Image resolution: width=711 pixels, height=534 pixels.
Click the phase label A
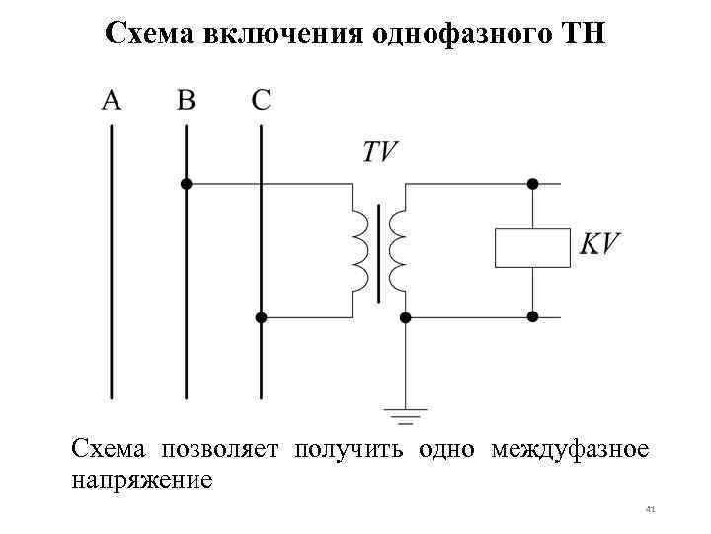pos(112,100)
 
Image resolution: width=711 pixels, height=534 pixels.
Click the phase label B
pos(186,100)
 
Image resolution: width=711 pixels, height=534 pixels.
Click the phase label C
pos(261,100)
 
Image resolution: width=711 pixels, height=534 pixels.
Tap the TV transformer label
pos(380,151)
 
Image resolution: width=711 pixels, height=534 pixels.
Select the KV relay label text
pos(599,244)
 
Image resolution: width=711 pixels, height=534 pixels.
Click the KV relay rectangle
pos(532,247)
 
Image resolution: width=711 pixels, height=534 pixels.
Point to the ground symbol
pos(405,416)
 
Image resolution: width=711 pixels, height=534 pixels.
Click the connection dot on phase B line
pos(186,183)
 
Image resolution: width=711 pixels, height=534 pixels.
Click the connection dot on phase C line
pos(261,317)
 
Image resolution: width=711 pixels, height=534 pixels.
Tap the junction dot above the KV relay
pos(532,183)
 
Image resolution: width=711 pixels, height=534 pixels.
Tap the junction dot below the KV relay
pos(532,317)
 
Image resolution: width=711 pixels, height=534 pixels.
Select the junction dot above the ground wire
pos(405,317)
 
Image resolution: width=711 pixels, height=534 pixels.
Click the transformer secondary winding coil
pos(397,250)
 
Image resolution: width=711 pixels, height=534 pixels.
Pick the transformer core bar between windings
pos(378,251)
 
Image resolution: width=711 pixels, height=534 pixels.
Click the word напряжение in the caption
pos(141,480)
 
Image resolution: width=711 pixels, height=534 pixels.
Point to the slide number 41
pos(650,509)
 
